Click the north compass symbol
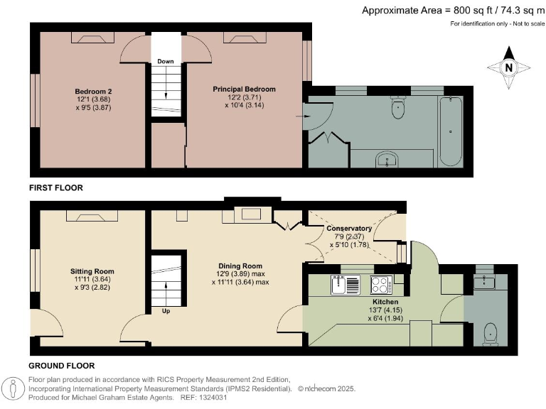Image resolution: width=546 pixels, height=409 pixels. tap(508, 68)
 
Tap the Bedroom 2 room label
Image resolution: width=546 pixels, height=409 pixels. tap(94, 91)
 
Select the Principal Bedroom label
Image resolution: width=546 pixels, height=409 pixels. tap(244, 89)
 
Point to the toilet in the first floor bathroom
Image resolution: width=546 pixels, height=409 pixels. tap(397, 110)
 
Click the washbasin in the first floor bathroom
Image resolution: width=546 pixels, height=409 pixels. tap(388, 159)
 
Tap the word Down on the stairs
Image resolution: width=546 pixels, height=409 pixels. tap(165, 61)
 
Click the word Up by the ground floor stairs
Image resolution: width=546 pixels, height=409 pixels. tap(165, 311)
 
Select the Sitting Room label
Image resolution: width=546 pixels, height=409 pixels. tap(92, 271)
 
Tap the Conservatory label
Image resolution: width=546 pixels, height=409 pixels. tap(349, 229)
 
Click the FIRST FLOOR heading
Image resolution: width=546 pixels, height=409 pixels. tap(56, 188)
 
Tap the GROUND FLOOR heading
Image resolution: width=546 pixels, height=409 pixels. tap(62, 366)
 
